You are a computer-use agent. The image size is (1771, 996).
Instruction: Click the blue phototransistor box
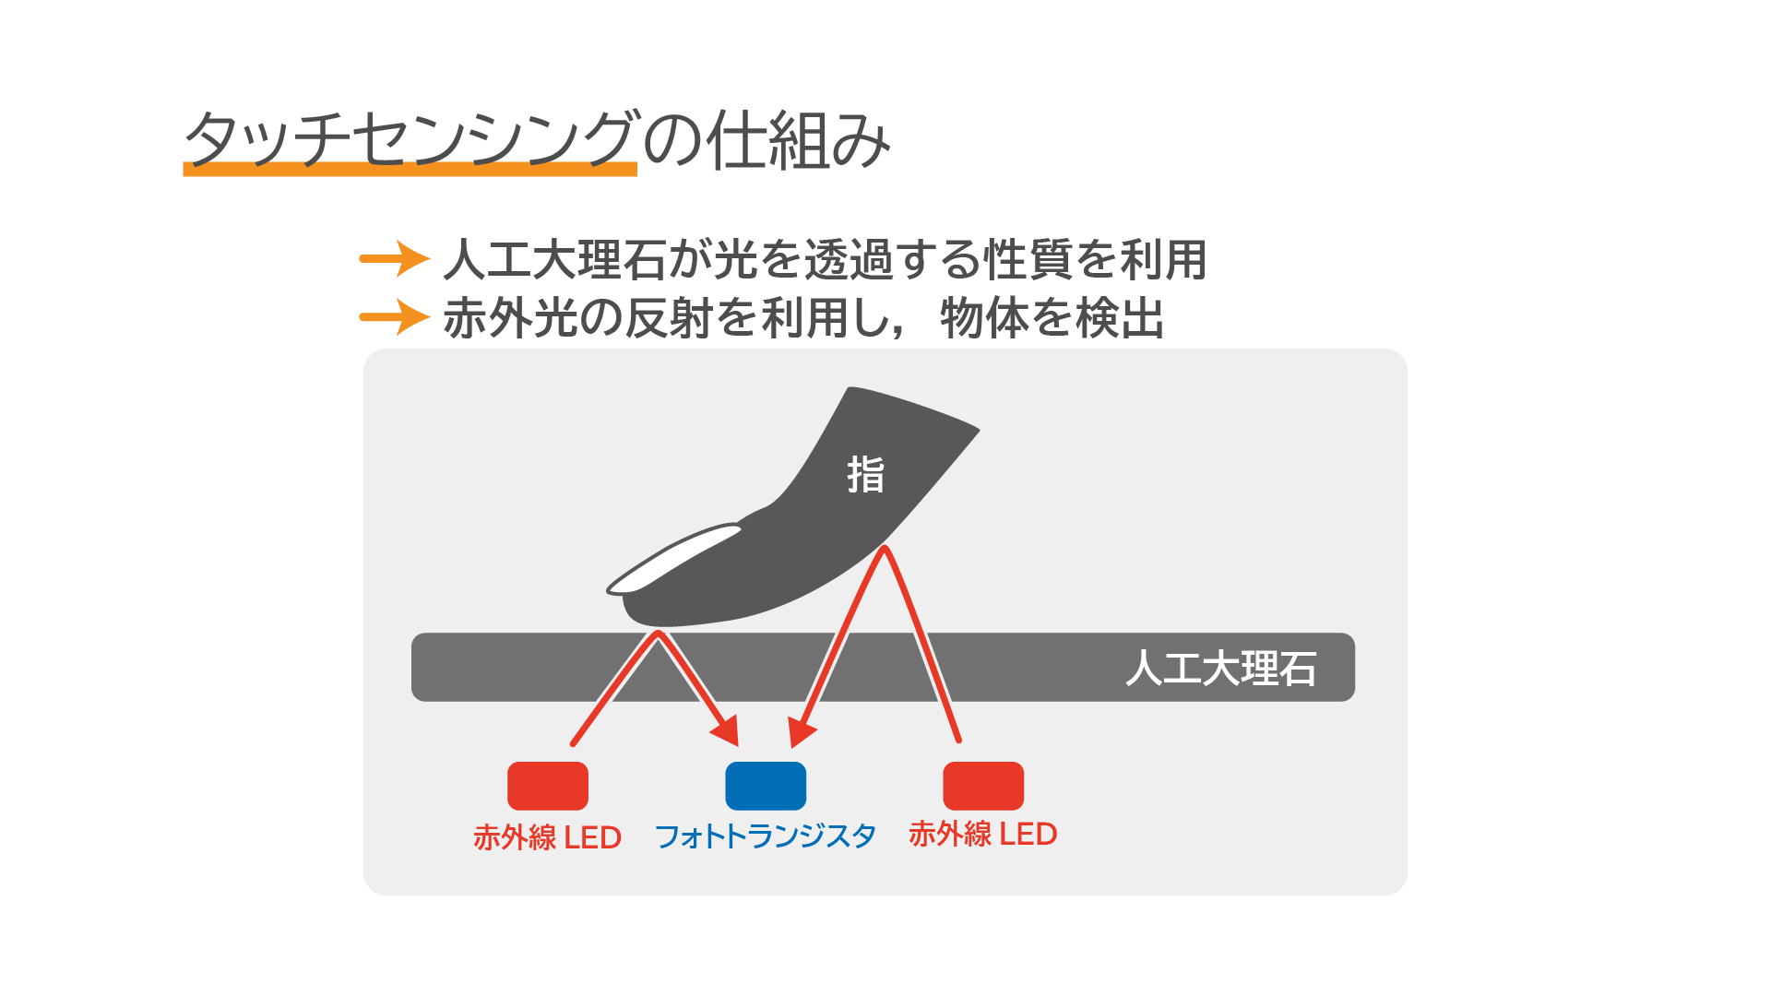(x=766, y=786)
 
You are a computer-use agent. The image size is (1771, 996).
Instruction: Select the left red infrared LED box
(x=548, y=786)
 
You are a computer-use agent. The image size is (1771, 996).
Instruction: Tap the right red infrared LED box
(x=983, y=786)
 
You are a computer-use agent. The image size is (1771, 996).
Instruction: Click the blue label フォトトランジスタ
(x=766, y=836)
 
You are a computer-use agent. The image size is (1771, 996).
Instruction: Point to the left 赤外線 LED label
(x=547, y=837)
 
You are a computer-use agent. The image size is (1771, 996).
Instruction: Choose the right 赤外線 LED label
(x=982, y=834)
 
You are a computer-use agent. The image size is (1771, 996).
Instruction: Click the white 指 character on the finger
(x=865, y=475)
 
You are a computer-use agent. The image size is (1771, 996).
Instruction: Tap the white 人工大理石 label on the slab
(x=1220, y=669)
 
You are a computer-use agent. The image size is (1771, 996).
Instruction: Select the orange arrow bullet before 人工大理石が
(x=395, y=259)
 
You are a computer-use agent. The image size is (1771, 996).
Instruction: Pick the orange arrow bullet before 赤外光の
(x=395, y=317)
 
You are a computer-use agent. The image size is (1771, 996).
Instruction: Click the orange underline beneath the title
(x=410, y=169)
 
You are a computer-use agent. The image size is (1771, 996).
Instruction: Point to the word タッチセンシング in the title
(x=410, y=139)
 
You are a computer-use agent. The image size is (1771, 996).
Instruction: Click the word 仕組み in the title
(x=799, y=140)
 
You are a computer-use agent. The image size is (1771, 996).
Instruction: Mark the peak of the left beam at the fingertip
(x=658, y=634)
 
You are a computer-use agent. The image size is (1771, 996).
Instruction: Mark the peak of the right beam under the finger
(x=885, y=550)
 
